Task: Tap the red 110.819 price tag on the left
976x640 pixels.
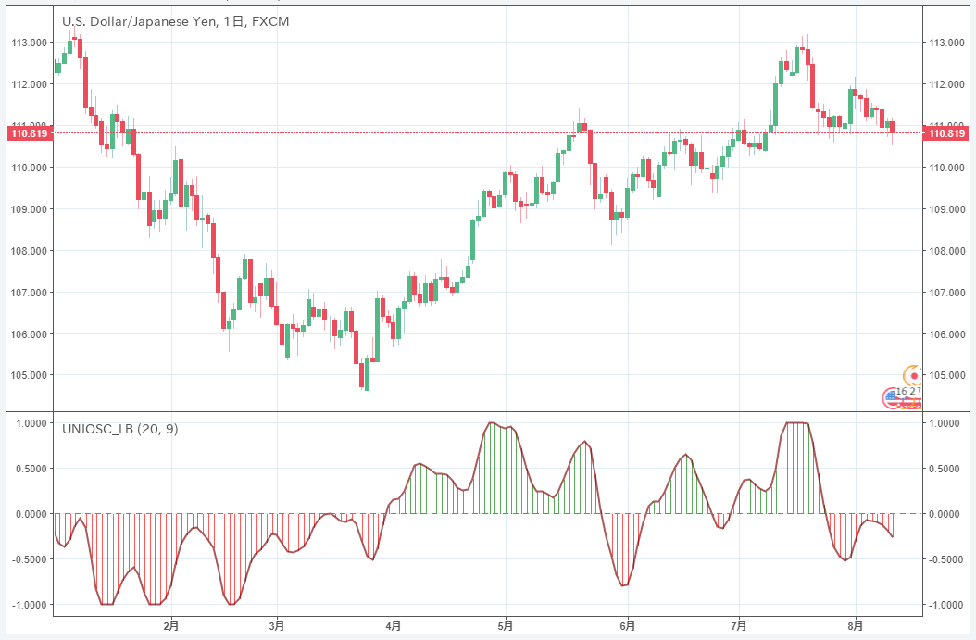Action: pyautogui.click(x=27, y=133)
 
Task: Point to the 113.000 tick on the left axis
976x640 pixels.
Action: pyautogui.click(x=29, y=43)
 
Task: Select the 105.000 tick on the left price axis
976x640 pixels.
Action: pyautogui.click(x=29, y=376)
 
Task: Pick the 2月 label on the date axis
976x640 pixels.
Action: pyautogui.click(x=170, y=627)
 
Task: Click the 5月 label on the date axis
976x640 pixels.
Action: pyautogui.click(x=506, y=627)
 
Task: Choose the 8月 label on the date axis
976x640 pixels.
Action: pyautogui.click(x=857, y=627)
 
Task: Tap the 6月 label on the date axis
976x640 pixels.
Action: pyautogui.click(x=627, y=627)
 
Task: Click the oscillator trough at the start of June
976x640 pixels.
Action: pyautogui.click(x=623, y=585)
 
